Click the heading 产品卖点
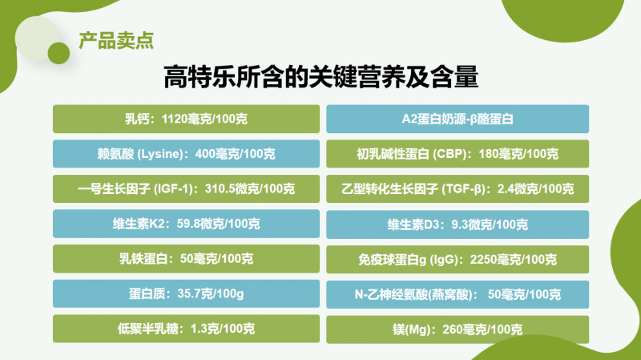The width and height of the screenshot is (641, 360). [116, 41]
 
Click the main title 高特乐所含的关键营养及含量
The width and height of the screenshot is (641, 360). [321, 76]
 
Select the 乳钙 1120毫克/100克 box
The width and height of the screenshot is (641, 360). [186, 119]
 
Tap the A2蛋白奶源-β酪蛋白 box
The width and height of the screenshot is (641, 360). [458, 119]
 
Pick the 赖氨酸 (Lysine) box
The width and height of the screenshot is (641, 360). [186, 154]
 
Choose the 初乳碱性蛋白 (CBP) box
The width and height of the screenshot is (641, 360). [458, 154]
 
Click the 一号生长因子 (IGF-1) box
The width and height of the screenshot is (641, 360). [186, 189]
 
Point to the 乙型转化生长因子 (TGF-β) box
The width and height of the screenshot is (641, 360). [458, 189]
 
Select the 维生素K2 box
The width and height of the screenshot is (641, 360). [186, 224]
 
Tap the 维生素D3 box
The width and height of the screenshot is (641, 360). [458, 224]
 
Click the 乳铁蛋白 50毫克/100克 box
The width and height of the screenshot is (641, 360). [186, 259]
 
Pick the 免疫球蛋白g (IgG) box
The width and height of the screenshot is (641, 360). [458, 259]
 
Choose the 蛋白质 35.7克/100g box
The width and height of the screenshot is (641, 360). [186, 293]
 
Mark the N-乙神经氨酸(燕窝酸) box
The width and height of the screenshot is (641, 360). [458, 294]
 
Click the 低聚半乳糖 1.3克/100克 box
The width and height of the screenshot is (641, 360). [186, 329]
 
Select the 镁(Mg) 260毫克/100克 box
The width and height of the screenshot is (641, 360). [458, 330]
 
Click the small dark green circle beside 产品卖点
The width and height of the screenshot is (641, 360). [58, 53]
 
